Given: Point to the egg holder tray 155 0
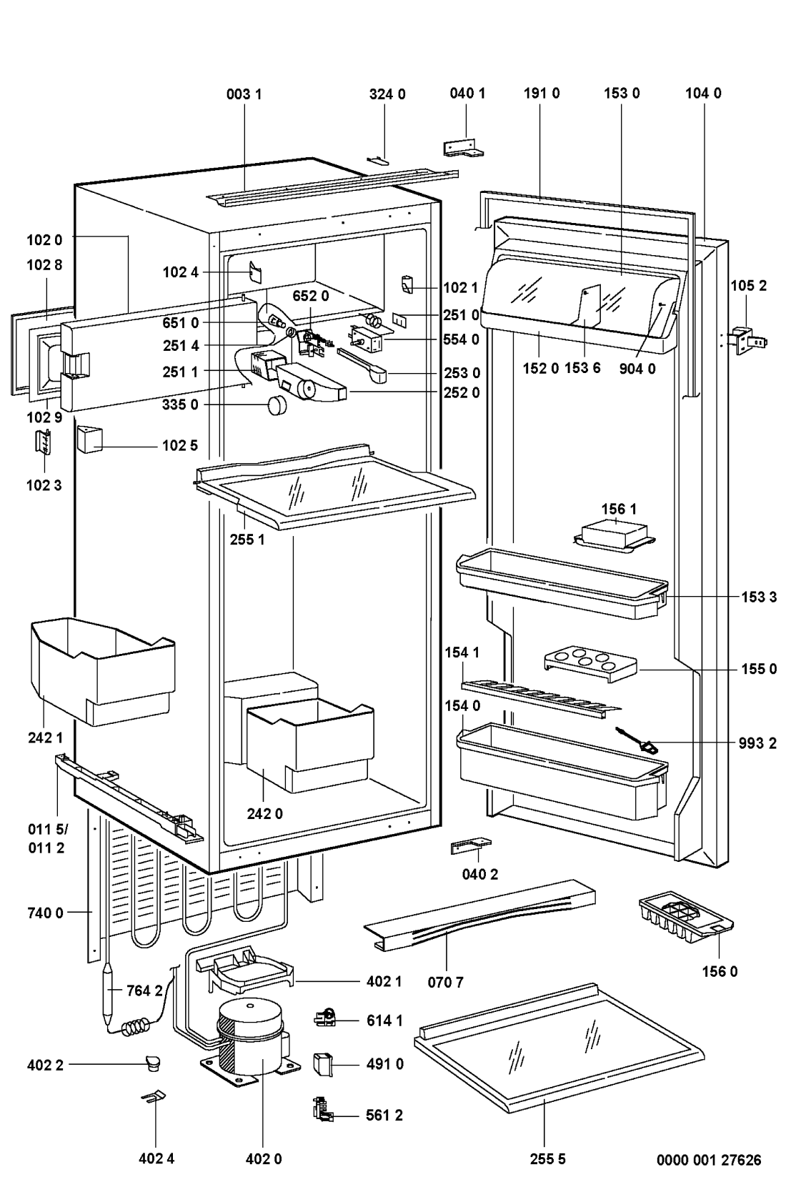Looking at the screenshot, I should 589,662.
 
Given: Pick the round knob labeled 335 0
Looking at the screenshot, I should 277,406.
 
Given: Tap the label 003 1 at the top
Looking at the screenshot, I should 244,94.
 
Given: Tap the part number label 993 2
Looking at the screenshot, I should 757,743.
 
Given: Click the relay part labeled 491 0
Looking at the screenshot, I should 322,1064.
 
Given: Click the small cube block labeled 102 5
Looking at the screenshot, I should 90,439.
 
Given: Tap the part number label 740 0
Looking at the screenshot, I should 45,913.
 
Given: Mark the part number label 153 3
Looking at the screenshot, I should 758,597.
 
